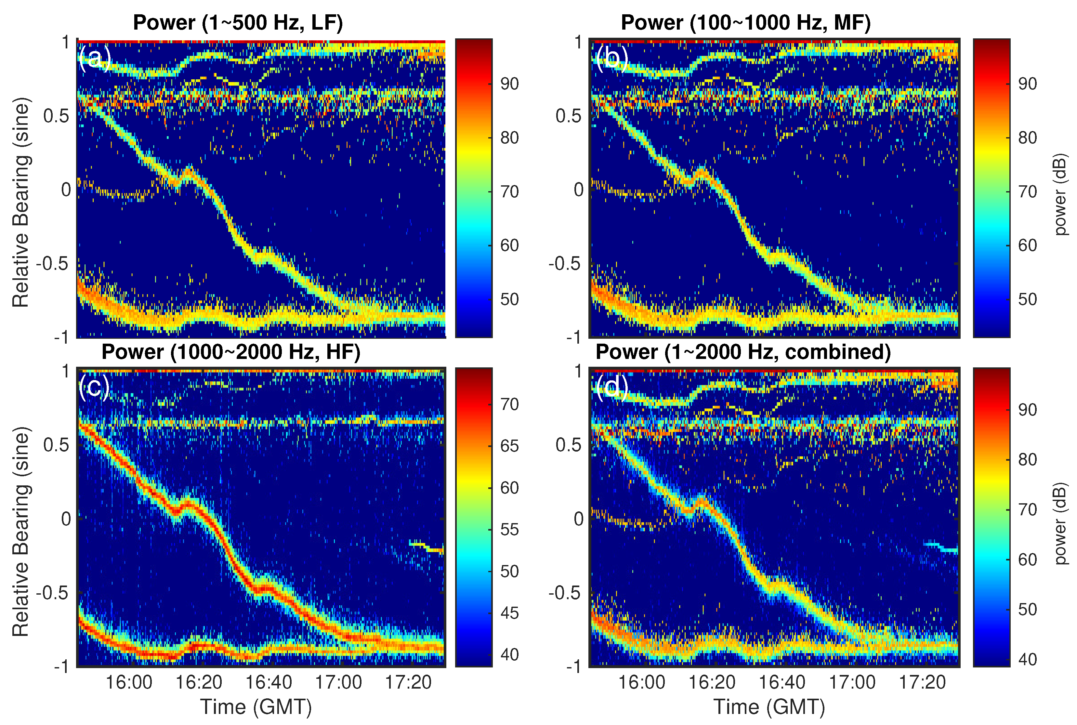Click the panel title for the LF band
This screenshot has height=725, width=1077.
pos(238,22)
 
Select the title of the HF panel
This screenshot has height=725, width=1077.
pos(231,352)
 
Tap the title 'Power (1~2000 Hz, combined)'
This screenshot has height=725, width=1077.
pos(743,352)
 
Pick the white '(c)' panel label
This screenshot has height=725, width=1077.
pos(94,387)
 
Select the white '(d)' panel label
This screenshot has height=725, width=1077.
pos(611,387)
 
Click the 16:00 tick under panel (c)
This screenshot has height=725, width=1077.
pos(129,682)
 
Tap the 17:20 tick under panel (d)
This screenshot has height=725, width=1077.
pos(922,682)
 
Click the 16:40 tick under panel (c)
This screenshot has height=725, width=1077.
pos(269,682)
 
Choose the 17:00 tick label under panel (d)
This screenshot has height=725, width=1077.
pos(852,682)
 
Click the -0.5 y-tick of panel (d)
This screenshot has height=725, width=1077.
pos(564,593)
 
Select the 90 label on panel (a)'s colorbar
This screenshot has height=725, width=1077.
pos(509,84)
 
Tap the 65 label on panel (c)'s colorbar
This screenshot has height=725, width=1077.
pos(509,446)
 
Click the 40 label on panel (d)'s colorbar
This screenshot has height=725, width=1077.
pos(1027,659)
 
